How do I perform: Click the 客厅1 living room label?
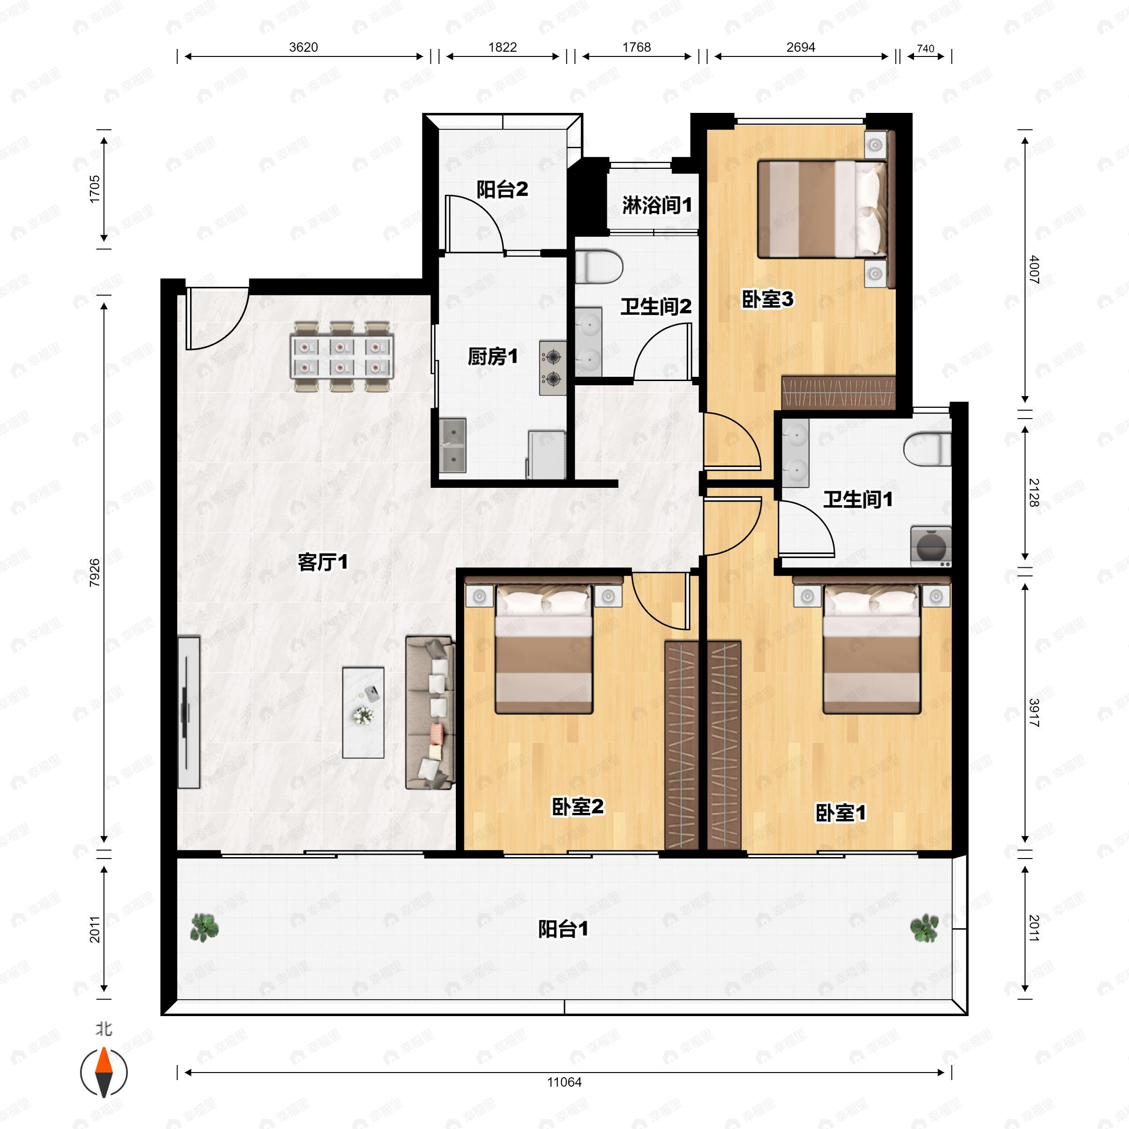point(323,562)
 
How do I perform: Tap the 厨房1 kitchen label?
point(493,357)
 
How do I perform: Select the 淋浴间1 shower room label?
point(657,205)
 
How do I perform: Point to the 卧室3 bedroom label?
point(767,299)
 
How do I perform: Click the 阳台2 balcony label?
point(502,189)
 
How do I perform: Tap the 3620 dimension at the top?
point(303,48)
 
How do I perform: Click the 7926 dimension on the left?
point(95,572)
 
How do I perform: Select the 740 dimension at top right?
point(926,48)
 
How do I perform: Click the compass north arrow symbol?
point(103,1073)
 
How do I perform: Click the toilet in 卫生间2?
point(598,266)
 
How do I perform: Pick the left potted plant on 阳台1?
point(204,927)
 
